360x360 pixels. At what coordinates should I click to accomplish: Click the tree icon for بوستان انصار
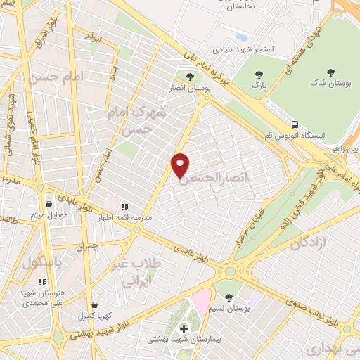click(188, 75)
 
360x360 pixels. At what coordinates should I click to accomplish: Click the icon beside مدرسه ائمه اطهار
click(124, 207)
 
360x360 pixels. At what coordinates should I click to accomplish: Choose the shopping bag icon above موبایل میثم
click(48, 205)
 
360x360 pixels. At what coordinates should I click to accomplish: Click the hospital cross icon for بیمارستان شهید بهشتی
click(184, 328)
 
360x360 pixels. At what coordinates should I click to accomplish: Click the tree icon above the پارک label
click(259, 75)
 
